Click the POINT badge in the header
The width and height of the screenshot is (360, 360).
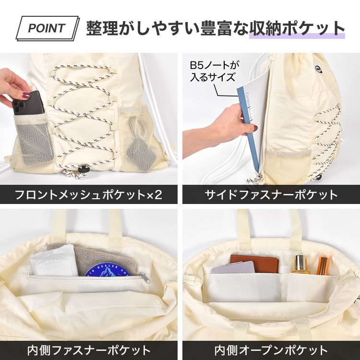(48, 28)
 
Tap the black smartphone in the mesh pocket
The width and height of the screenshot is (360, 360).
(28, 104)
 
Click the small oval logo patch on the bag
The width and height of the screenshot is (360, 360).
(318, 69)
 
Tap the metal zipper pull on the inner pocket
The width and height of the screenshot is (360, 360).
(144, 277)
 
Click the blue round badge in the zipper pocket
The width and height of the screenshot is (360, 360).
(107, 270)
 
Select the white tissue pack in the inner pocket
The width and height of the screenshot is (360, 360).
(54, 261)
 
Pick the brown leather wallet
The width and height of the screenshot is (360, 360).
(255, 263)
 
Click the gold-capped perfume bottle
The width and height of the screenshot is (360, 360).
(300, 264)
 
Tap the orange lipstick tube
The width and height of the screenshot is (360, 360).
(323, 266)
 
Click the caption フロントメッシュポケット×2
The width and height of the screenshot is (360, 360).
(88, 195)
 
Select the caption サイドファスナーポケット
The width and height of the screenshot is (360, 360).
(271, 195)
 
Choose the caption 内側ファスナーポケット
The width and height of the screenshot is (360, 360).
(89, 350)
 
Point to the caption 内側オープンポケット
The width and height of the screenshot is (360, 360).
(271, 350)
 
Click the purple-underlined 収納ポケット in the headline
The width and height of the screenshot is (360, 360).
(297, 28)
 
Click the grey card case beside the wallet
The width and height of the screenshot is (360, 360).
(233, 267)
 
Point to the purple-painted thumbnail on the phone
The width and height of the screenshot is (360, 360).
(26, 95)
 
